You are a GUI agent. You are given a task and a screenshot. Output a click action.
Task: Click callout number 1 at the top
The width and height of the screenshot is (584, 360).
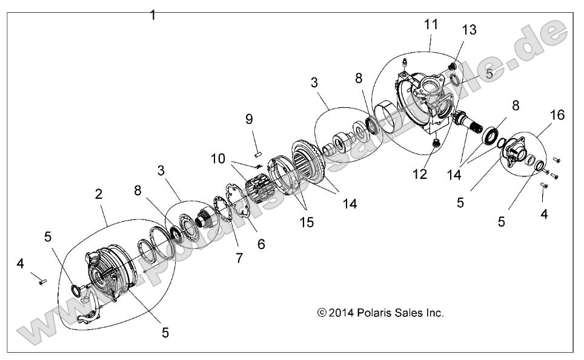[153, 15]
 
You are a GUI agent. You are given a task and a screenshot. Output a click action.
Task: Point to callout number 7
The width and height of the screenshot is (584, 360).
[239, 258]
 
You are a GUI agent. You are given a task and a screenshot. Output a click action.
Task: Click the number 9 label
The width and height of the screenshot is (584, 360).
[248, 119]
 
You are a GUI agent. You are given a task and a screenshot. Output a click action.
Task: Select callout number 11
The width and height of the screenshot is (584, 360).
[431, 24]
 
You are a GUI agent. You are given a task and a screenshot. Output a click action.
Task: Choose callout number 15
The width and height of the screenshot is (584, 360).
[307, 222]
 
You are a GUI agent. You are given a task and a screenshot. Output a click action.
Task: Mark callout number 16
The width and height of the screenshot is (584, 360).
[557, 115]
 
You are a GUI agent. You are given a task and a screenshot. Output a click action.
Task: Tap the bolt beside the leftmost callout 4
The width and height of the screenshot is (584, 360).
[41, 280]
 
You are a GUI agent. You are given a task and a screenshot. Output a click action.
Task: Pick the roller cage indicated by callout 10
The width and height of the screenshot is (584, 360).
[262, 183]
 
